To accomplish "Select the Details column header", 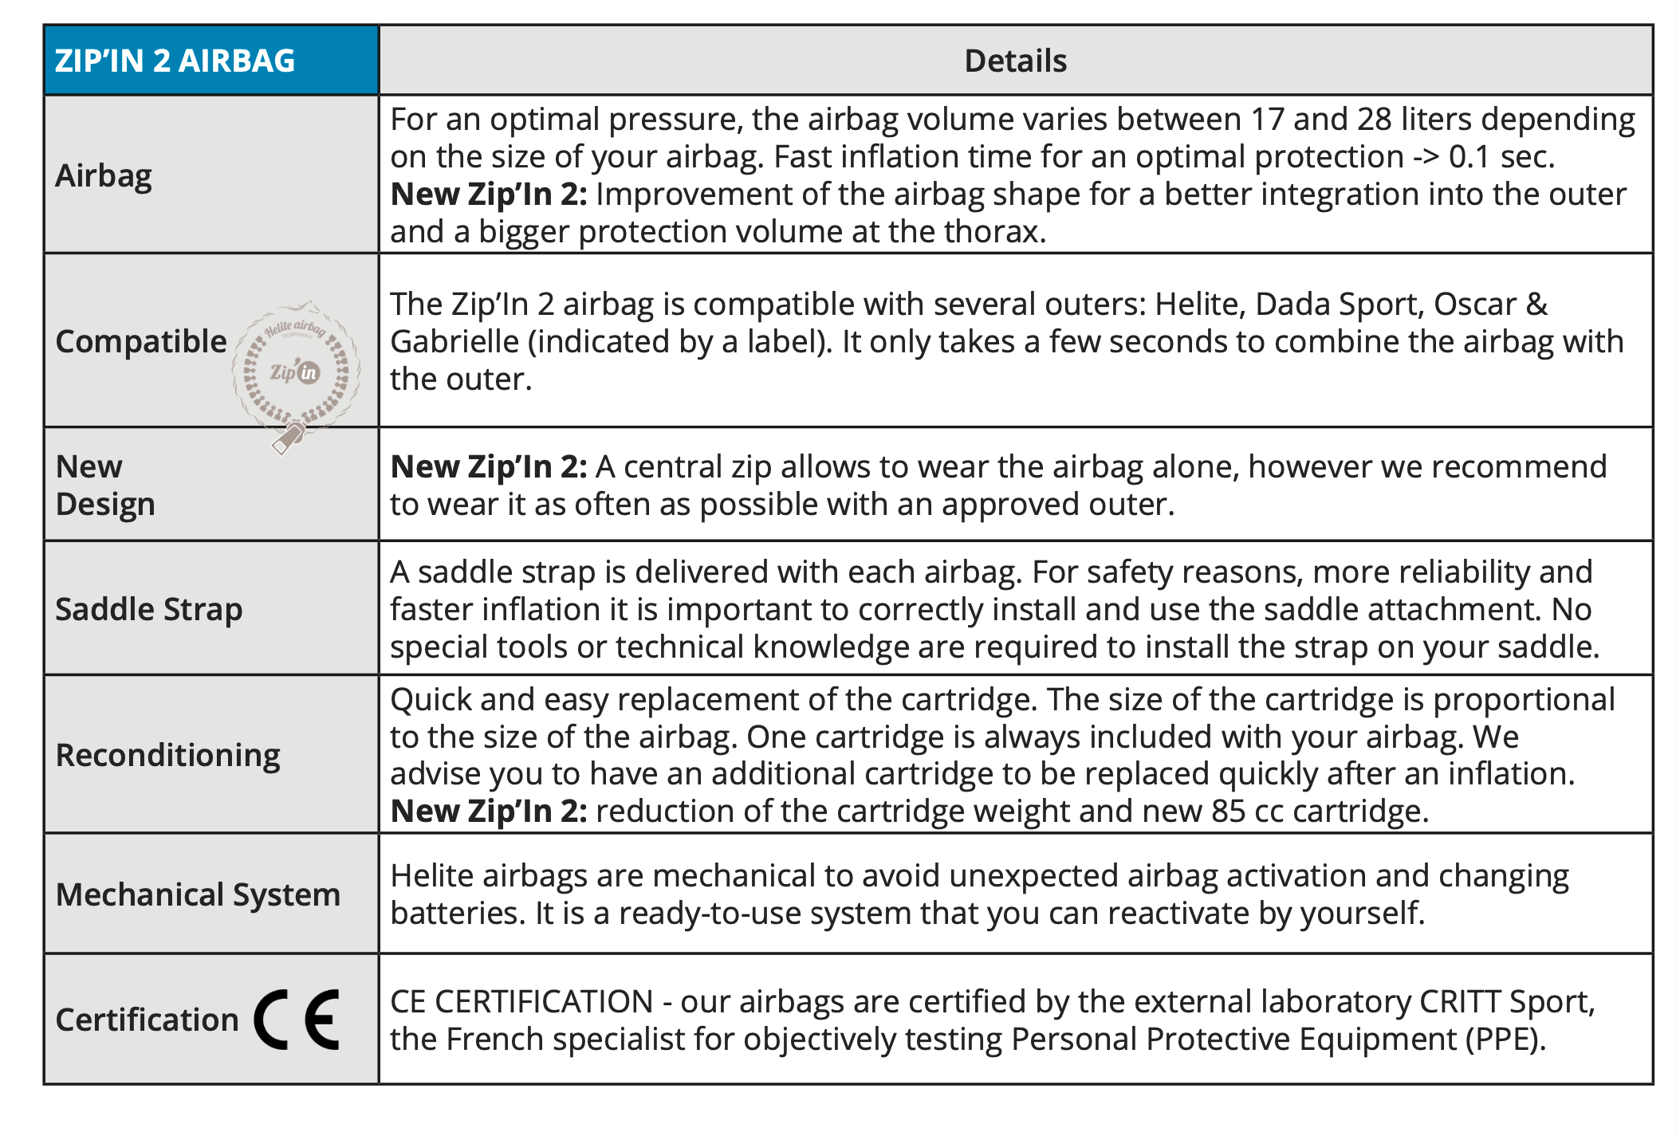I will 1015,61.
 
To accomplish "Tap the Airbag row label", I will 104,176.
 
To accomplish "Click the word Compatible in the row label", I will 141,341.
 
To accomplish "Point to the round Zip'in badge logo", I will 296,369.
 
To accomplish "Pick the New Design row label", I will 104,485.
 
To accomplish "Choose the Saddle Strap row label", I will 148,610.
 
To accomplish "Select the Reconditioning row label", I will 167,755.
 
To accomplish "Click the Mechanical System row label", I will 198,894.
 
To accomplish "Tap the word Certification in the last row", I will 147,1020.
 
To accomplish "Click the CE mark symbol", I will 297,1020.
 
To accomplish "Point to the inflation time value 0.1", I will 1469,157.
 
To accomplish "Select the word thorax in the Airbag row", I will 993,232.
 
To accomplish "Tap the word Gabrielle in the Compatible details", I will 454,342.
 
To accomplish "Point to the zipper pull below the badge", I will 288,438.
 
